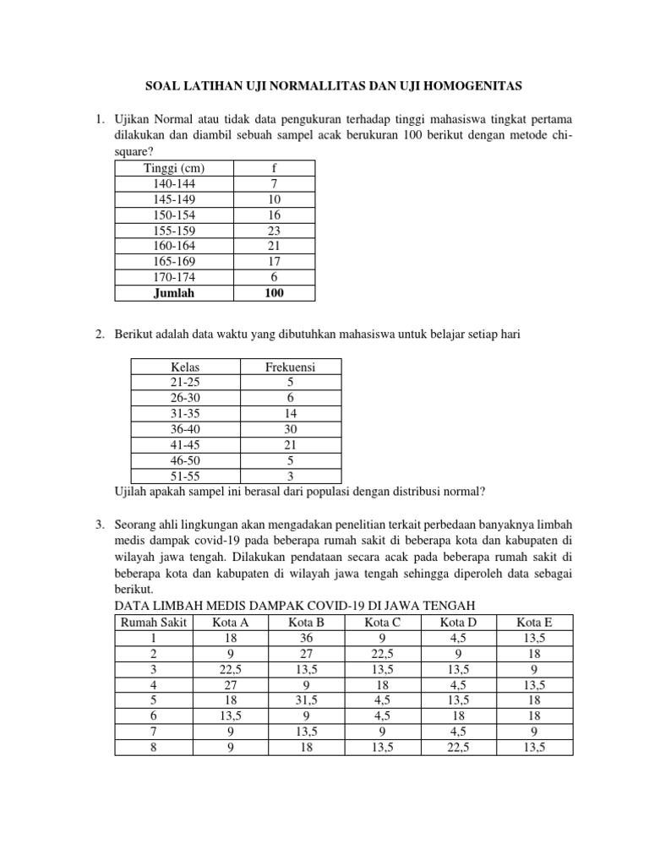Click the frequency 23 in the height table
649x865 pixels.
(273, 230)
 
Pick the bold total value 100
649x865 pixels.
(273, 292)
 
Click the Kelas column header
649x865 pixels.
(185, 367)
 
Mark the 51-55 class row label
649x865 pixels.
(185, 476)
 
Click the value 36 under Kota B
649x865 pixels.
(307, 638)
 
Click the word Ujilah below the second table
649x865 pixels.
(132, 491)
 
